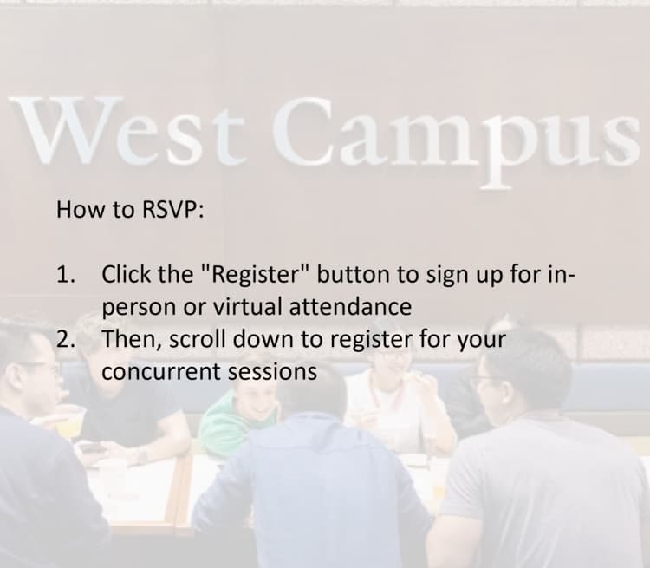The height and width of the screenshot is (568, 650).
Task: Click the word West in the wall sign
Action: [127, 130]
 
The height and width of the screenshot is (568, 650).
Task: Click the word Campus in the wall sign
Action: [455, 141]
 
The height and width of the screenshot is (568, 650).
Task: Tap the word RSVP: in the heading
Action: [173, 210]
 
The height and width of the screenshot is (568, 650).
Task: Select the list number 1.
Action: [66, 274]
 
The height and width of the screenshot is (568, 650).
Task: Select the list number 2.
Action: [66, 339]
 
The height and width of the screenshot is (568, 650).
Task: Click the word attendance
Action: [350, 307]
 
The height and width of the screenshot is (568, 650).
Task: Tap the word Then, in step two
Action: [133, 340]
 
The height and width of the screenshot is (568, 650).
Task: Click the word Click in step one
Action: [126, 274]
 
